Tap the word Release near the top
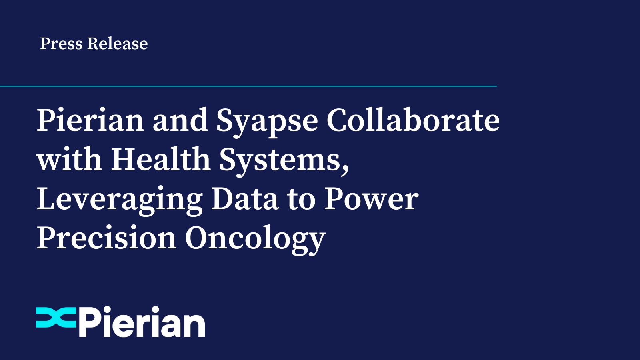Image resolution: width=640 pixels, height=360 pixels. click(x=118, y=44)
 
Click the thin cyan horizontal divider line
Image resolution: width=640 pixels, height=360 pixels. click(x=248, y=86)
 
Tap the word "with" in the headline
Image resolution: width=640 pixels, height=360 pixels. click(x=69, y=159)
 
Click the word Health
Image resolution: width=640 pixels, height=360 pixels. click(x=160, y=159)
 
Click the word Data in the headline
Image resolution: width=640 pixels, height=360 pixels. click(x=244, y=199)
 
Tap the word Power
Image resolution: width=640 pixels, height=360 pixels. click(x=371, y=199)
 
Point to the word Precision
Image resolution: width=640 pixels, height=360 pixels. click(x=106, y=238)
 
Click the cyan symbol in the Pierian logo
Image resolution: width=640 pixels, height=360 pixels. click(x=56, y=318)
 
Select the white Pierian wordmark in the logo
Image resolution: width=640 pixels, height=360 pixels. click(x=142, y=322)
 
